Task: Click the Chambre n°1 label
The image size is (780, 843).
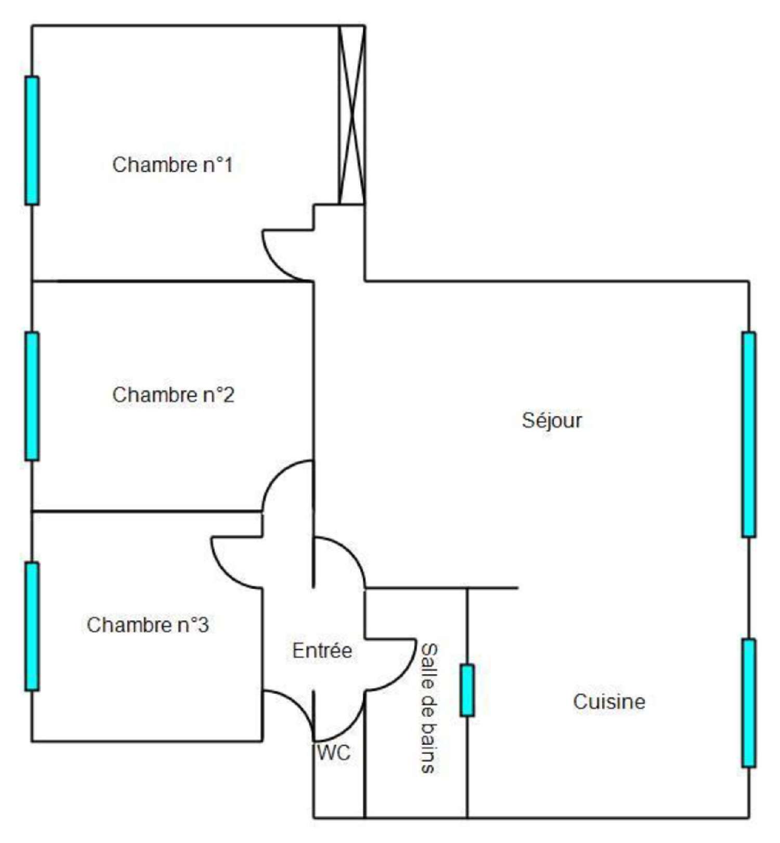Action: pyautogui.click(x=172, y=165)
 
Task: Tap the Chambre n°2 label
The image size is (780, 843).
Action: pyautogui.click(x=173, y=395)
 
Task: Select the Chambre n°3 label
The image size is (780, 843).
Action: pyautogui.click(x=148, y=625)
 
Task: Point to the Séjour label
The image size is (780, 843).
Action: pyautogui.click(x=552, y=420)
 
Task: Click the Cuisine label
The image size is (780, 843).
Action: pyautogui.click(x=609, y=702)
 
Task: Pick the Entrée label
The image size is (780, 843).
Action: pyautogui.click(x=322, y=650)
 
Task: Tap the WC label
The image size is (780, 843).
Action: pyautogui.click(x=334, y=752)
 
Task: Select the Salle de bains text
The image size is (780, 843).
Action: pyautogui.click(x=429, y=708)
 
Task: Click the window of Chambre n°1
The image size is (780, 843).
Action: pyautogui.click(x=32, y=141)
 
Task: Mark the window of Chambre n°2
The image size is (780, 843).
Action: pyautogui.click(x=32, y=396)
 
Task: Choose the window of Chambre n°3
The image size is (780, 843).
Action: pyautogui.click(x=32, y=626)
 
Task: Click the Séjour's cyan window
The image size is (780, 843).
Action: pyautogui.click(x=749, y=434)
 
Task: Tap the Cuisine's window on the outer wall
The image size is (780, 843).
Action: pyautogui.click(x=749, y=703)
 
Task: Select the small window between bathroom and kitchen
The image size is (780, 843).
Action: pyautogui.click(x=467, y=690)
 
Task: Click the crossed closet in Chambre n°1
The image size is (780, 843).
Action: pyautogui.click(x=352, y=115)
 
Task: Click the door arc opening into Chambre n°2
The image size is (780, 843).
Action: pyautogui.click(x=277, y=476)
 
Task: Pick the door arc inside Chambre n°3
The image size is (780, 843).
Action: pyautogui.click(x=226, y=573)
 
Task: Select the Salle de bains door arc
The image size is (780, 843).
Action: pyautogui.click(x=401, y=676)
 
